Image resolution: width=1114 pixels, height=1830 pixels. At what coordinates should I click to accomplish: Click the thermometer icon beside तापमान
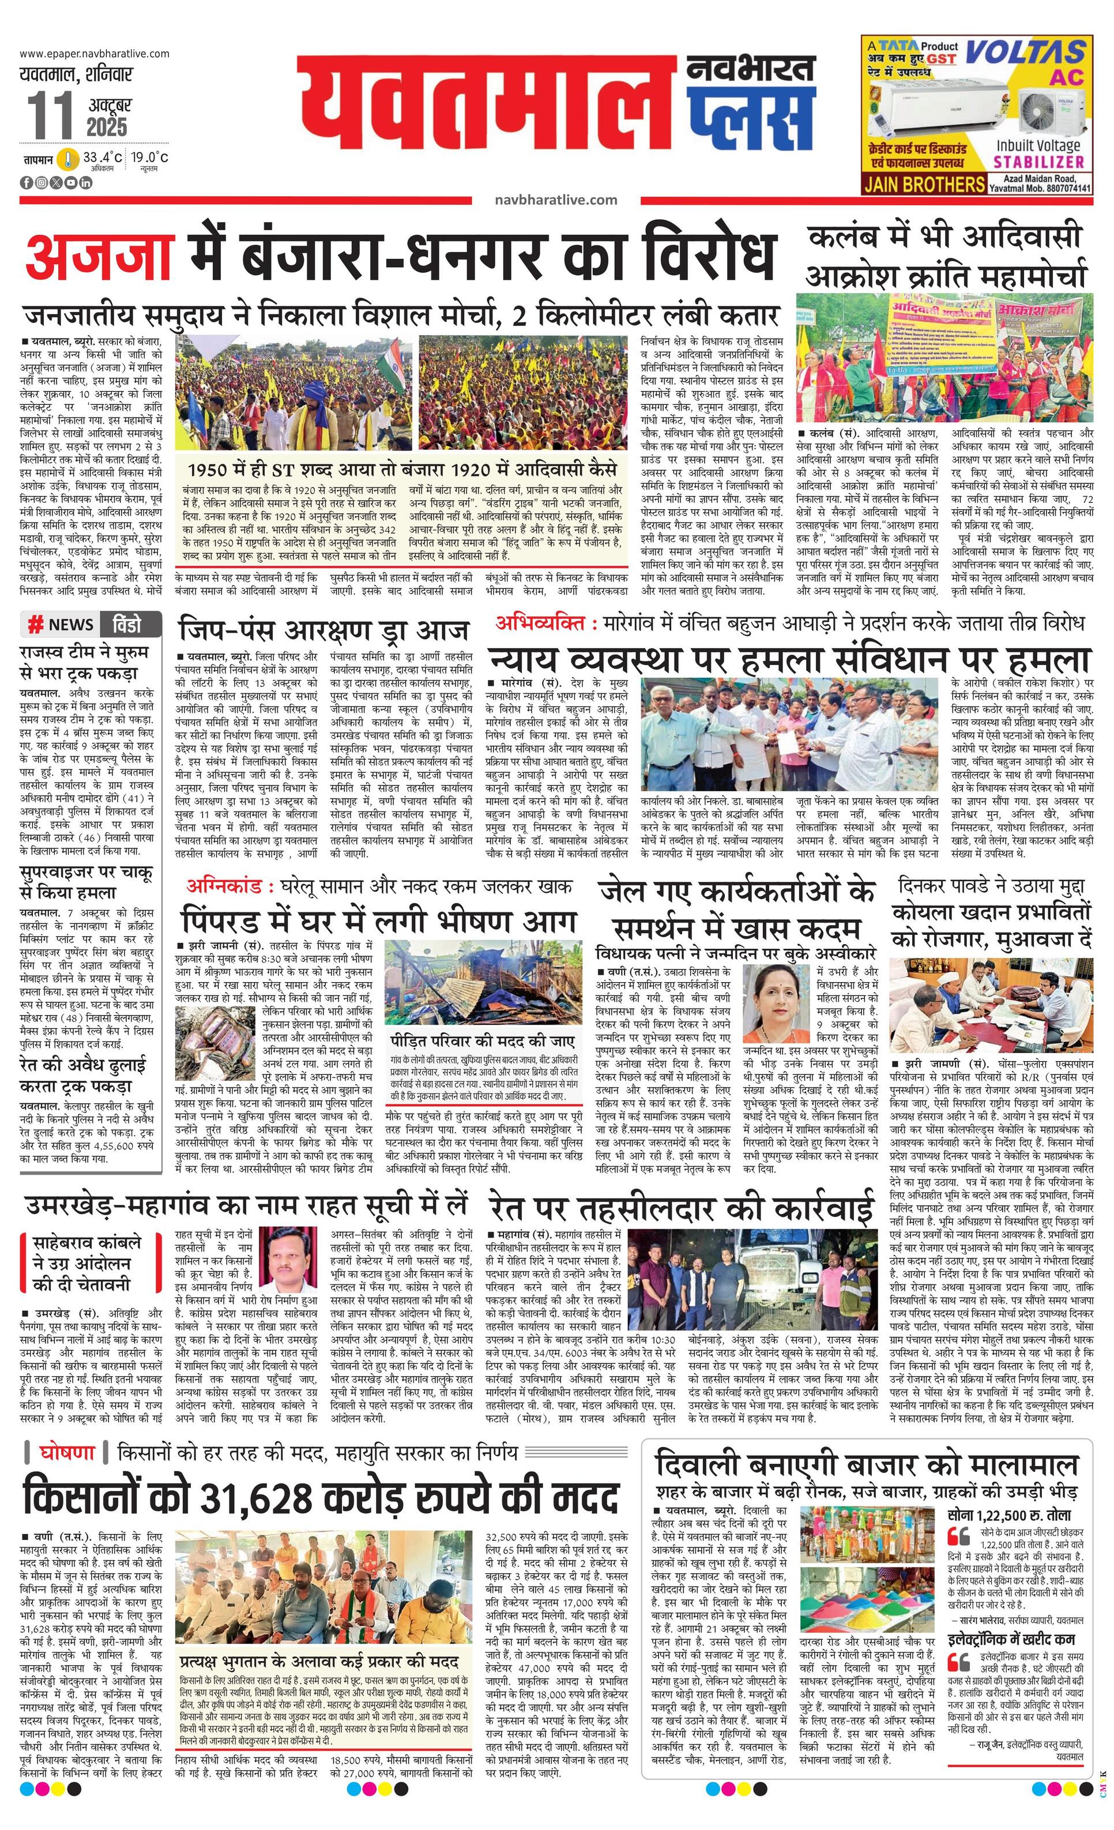pyautogui.click(x=68, y=160)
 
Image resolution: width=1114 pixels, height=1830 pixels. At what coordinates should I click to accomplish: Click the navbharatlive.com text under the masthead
pyautogui.click(x=555, y=199)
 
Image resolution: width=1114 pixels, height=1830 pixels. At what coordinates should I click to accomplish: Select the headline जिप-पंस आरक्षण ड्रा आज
pyautogui.click(x=325, y=630)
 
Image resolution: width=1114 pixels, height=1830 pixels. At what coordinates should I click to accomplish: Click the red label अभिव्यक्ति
pyautogui.click(x=546, y=622)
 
